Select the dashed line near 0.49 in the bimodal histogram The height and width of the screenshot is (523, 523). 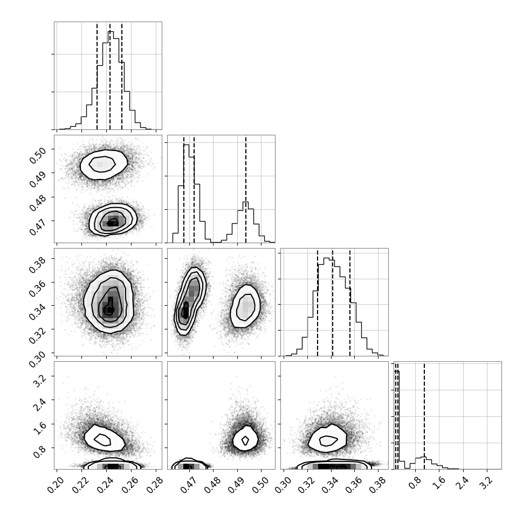246,189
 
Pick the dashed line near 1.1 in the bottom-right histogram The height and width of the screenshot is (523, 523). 424,416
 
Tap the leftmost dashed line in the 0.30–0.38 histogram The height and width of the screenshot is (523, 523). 318,302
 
